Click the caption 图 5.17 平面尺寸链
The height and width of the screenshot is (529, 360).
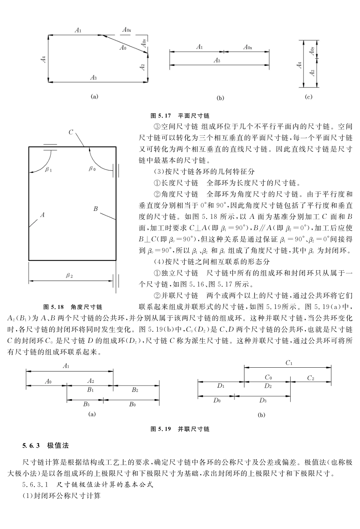180,115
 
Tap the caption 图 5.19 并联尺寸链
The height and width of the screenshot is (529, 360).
180,429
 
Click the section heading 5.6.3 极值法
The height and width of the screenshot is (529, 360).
45,445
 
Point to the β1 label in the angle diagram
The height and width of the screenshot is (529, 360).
49,170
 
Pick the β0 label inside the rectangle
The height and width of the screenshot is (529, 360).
92,169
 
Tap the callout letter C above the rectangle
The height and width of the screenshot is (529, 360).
71,132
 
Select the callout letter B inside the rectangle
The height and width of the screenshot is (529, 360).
95,209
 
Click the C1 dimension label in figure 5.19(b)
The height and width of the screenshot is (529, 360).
289,363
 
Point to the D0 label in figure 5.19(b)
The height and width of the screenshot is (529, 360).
217,400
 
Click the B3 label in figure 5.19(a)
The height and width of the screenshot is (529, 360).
86,404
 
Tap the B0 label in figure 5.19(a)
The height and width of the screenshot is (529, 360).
132,404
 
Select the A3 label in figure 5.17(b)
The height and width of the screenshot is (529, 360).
217,60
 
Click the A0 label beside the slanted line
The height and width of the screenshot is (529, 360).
123,48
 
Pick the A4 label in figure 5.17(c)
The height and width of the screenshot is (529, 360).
299,65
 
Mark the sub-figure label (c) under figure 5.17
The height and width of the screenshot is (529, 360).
308,97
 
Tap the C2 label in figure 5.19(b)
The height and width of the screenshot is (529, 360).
311,378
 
